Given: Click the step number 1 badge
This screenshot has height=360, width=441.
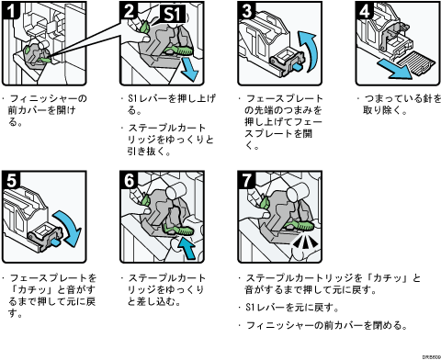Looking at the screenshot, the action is coord(11,10).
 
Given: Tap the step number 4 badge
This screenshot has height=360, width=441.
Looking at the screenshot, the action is coord(365,10).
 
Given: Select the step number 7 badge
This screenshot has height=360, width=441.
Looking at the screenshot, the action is coord(246,180).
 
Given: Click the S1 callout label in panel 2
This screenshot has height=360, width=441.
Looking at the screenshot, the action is coord(173,15).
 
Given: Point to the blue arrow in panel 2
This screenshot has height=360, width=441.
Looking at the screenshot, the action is coord(189,71).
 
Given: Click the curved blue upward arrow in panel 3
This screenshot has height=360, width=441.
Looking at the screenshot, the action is coord(309,51).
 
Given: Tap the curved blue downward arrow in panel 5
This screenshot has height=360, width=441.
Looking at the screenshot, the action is coord(69,228).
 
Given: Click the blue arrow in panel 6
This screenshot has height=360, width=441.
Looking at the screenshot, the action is coord(187,248).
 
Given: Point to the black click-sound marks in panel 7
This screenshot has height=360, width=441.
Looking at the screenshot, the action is coord(305,242).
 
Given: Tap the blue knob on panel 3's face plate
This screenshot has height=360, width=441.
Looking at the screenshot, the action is coord(297,67).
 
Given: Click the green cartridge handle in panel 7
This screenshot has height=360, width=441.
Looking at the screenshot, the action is coord(300,226).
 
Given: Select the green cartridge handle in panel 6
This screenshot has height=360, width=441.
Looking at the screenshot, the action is coord(179,230).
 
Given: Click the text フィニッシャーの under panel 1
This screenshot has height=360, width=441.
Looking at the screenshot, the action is coord(49,98).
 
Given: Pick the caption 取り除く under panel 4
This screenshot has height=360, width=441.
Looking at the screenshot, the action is coord(385,110).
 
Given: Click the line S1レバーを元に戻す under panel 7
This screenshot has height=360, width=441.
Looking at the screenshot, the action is coord(292,308).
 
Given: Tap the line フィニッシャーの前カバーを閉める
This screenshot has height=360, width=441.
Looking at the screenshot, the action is coord(326,325).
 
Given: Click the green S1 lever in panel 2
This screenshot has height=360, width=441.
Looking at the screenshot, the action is coord(144,27).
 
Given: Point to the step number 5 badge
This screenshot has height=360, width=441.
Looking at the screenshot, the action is coord(11,180).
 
